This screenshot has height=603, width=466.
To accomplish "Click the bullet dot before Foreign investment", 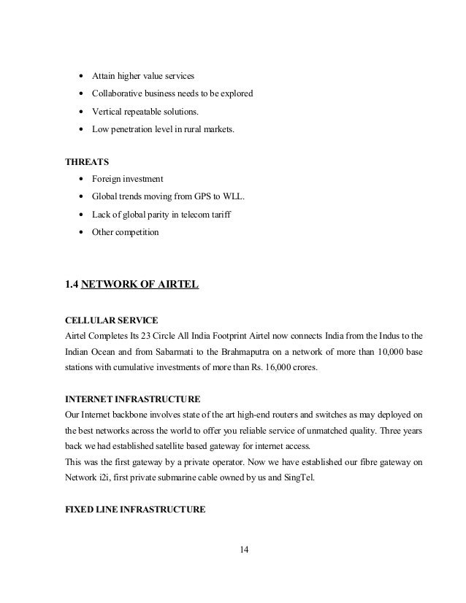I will click(x=80, y=180).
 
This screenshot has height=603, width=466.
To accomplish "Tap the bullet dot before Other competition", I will click(x=80, y=232).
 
